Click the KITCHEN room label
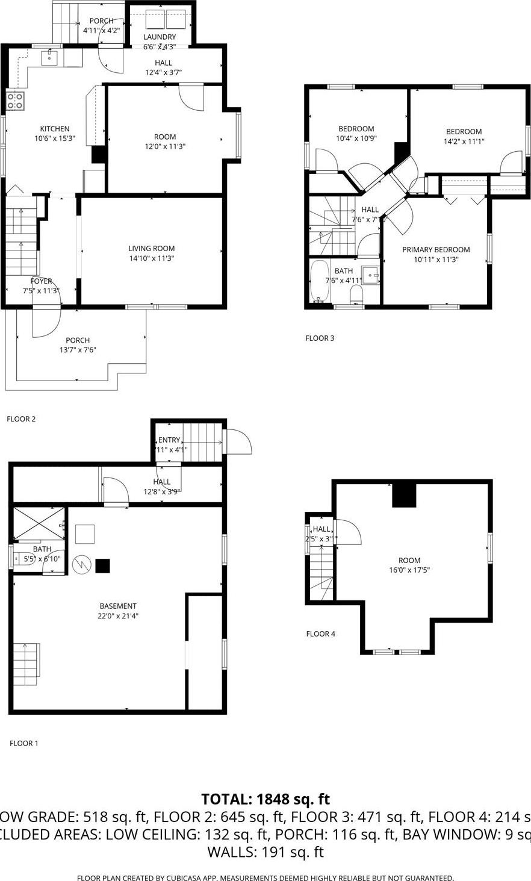click(x=55, y=129)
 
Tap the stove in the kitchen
click(x=15, y=101)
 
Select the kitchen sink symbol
click(x=49, y=58)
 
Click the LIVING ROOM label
click(x=151, y=249)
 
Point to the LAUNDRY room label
click(x=160, y=37)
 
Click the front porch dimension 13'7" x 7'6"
click(x=77, y=350)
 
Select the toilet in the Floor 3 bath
click(x=356, y=295)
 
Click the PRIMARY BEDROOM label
click(x=436, y=250)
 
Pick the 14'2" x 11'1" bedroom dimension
click(x=464, y=142)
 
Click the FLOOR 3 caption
click(x=320, y=338)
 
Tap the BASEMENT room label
click(x=118, y=606)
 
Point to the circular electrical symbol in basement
click(x=80, y=565)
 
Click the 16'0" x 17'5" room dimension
click(x=409, y=570)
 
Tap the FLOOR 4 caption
click(x=320, y=634)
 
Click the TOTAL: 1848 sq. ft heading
click(x=265, y=799)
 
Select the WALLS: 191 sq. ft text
click(x=265, y=852)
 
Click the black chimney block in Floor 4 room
click(x=404, y=495)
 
